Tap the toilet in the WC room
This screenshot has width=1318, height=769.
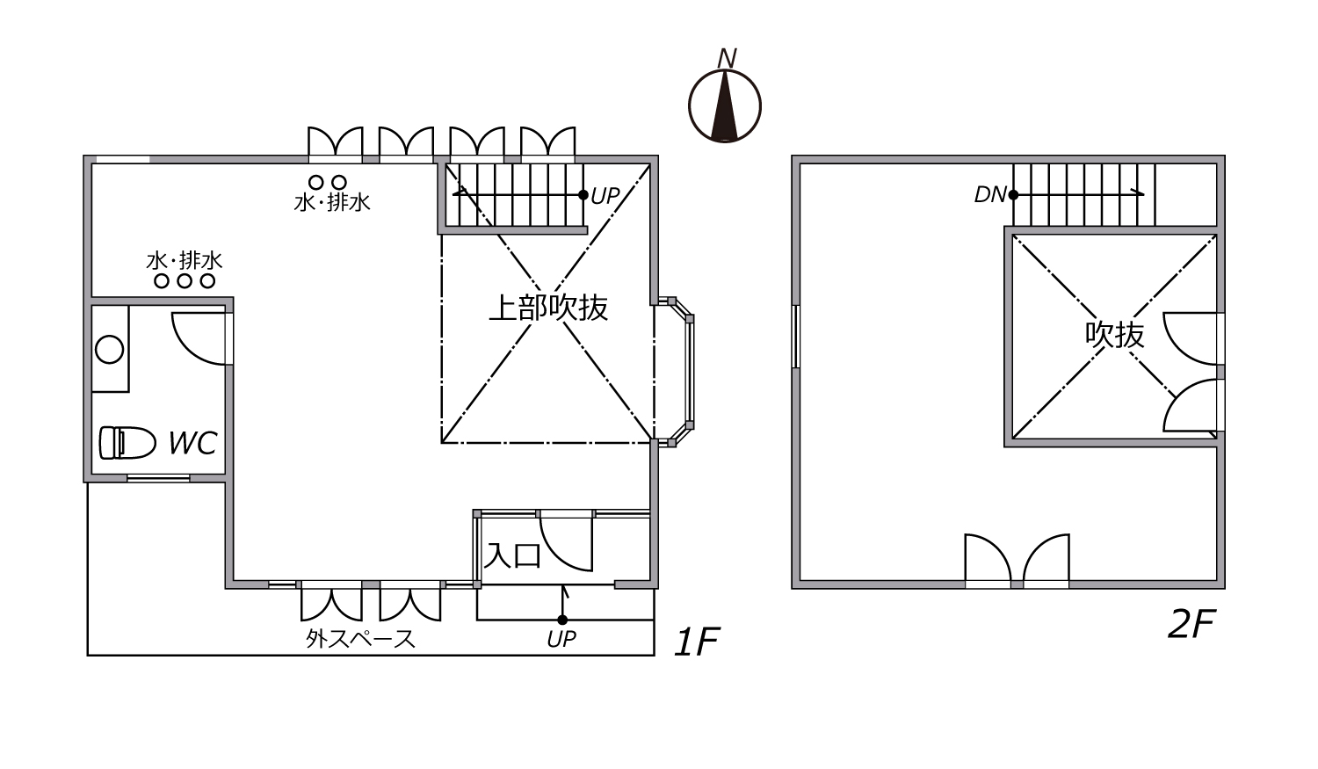pos(127,442)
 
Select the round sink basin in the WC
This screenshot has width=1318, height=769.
pos(110,350)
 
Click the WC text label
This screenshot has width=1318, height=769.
pos(193,442)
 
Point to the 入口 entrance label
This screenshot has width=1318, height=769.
pos(512,555)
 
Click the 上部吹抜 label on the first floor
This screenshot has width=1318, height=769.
pos(548,307)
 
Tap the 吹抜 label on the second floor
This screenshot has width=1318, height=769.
pos(1114,334)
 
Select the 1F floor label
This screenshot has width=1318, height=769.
pos(697,642)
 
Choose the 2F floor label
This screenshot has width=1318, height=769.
pos(1192,624)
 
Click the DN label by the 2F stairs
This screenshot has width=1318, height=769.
pos(990,195)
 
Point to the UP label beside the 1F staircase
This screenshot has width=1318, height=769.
pos(605,196)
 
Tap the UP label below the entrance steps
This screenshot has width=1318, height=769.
pos(561,639)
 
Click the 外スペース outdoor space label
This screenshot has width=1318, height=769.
pos(360,638)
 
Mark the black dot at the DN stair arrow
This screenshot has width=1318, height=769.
pos(1013,195)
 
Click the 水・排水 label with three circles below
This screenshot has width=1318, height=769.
pos(185,259)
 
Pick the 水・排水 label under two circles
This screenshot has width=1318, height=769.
pos(332,202)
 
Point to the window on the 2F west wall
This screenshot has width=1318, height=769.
pos(795,337)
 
